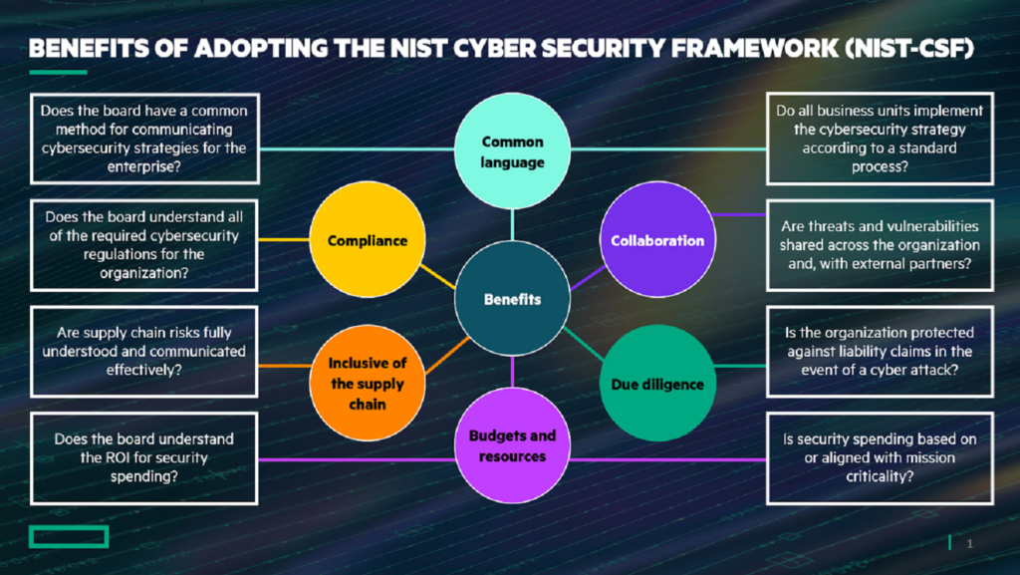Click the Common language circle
point(513,151)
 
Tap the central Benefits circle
point(513,298)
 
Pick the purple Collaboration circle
point(657,240)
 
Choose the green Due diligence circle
point(657,384)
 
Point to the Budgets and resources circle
point(513,445)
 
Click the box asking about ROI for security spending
point(144,458)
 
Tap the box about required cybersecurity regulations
point(144,243)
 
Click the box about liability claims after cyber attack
point(880,352)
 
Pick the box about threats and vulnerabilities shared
point(880,243)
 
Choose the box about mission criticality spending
point(880,458)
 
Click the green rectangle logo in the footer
point(69,538)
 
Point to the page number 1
point(969,543)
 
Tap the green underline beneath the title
point(58,73)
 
